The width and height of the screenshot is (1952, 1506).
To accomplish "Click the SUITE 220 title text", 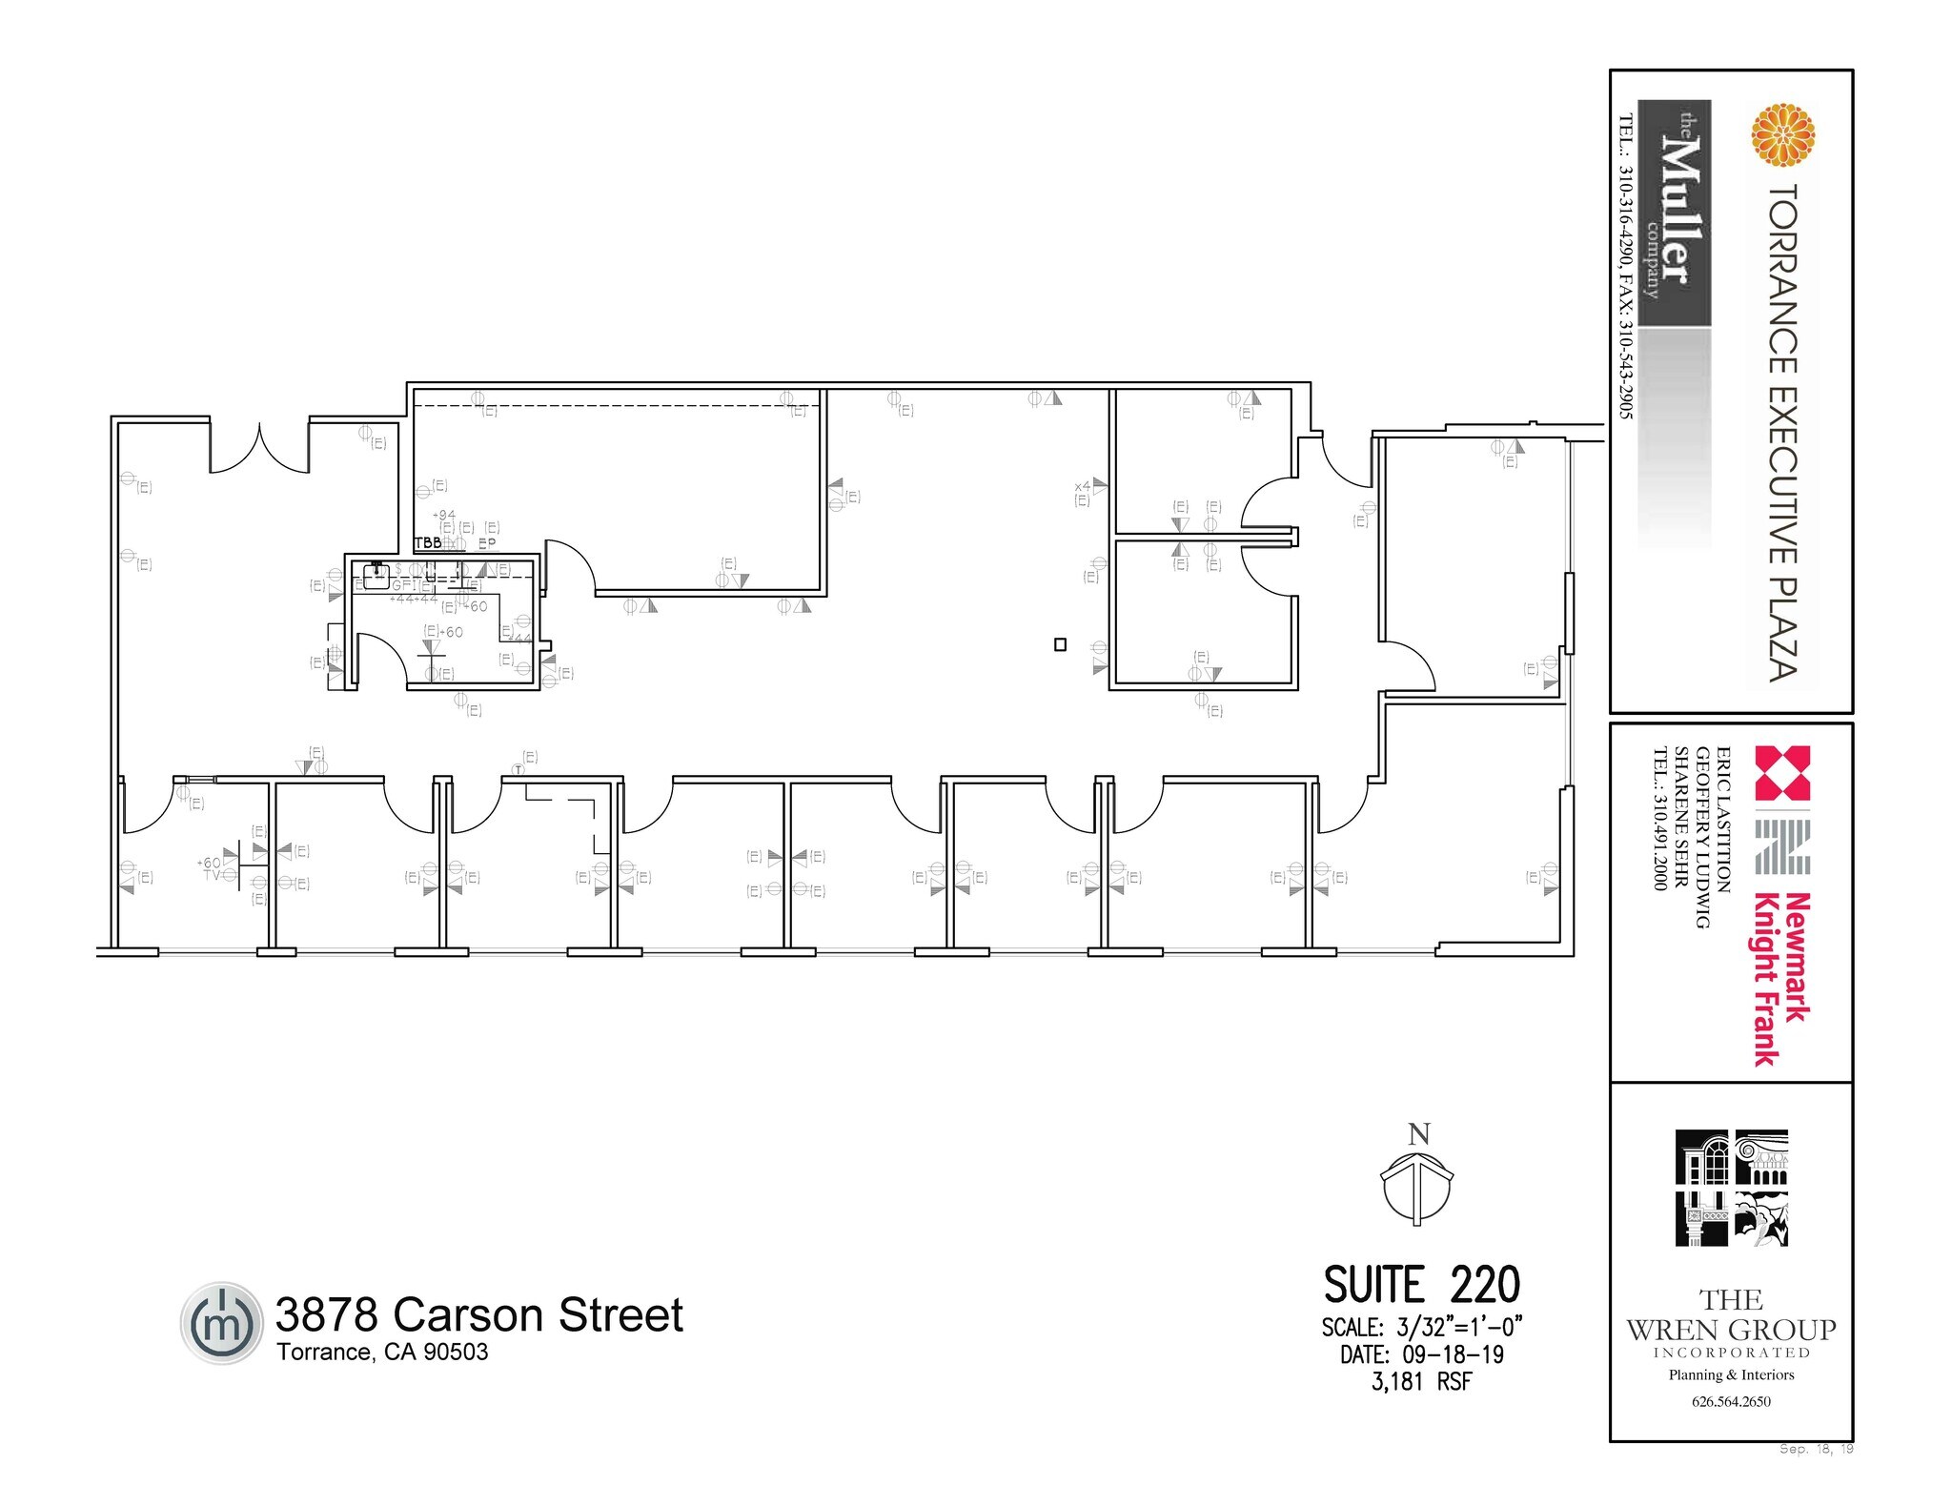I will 1421,1285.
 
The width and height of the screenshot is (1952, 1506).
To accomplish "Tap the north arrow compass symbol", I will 1417,1188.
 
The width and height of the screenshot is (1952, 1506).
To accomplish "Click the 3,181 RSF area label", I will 1421,1381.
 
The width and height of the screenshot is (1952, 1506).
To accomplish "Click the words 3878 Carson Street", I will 478,1314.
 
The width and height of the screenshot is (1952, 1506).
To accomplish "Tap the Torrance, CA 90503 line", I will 382,1352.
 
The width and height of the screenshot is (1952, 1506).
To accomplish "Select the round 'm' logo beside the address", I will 220,1323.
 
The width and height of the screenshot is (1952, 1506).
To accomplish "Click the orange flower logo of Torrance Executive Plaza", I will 1782,135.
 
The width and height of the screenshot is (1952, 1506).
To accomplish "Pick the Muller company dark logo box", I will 1674,214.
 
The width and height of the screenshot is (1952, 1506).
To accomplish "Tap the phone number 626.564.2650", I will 1731,1401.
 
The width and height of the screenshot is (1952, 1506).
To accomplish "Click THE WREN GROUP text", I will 1731,1315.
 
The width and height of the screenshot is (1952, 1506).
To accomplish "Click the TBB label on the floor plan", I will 428,542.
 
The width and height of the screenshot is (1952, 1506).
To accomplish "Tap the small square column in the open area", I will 1060,644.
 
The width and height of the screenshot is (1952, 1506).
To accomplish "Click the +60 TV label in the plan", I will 211,868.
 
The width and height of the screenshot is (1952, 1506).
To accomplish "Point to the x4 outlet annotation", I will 1083,486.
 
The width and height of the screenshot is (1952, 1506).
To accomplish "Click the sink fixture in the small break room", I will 376,575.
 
